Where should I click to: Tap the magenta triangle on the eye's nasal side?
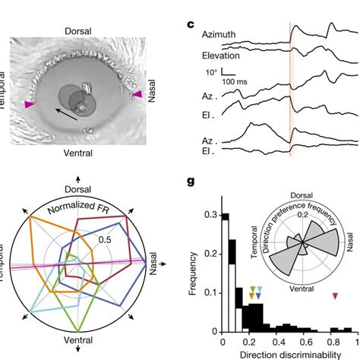pyautogui.click(x=138, y=93)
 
